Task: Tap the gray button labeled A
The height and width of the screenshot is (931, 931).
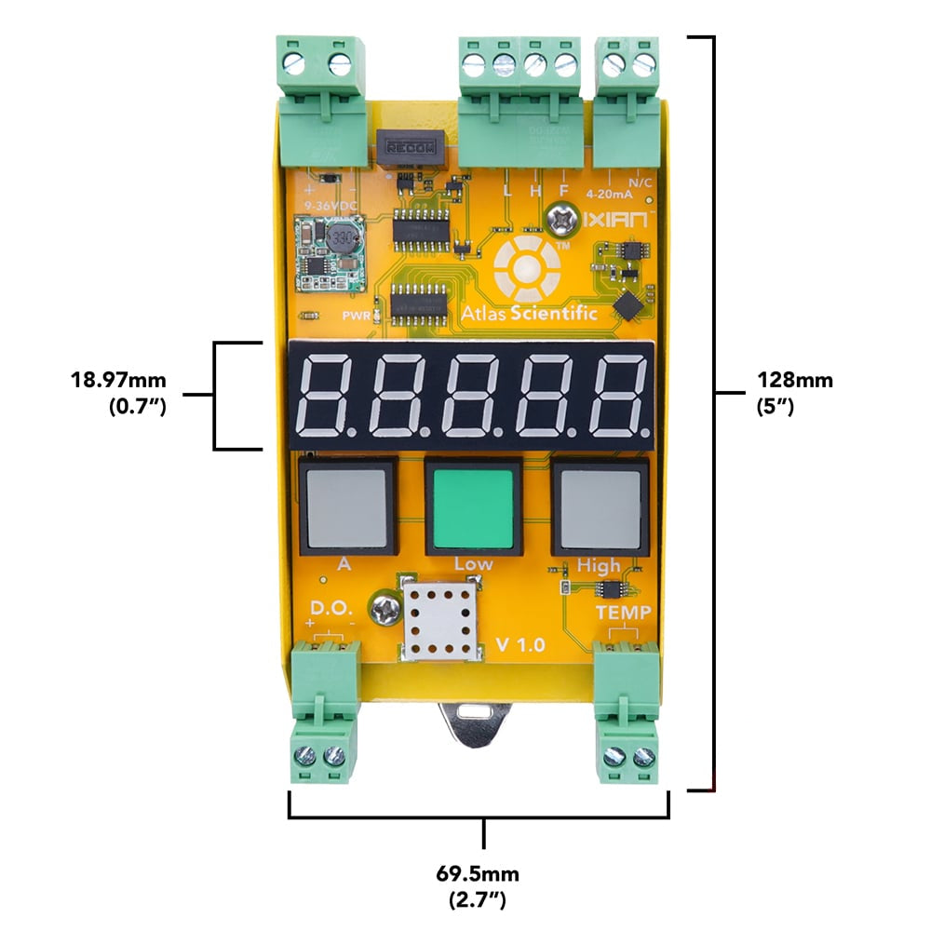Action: pyautogui.click(x=344, y=507)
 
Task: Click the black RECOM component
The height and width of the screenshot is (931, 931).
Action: pyautogui.click(x=411, y=147)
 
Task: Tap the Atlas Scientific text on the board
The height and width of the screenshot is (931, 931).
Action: pyautogui.click(x=541, y=314)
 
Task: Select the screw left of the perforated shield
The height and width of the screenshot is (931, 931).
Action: pyautogui.click(x=385, y=611)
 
